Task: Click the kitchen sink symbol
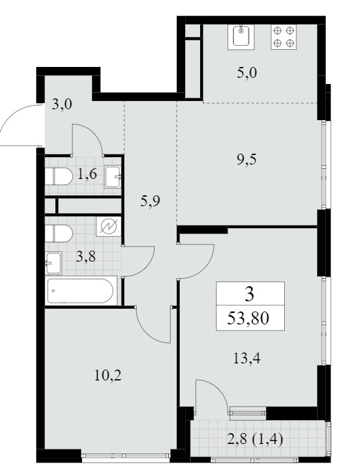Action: click(241, 37)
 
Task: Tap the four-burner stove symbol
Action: click(283, 37)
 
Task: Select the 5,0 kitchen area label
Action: click(247, 73)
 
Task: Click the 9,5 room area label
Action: click(247, 159)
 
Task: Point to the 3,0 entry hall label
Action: click(61, 105)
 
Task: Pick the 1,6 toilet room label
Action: click(87, 174)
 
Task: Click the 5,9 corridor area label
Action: click(150, 201)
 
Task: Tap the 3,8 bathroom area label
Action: click(86, 257)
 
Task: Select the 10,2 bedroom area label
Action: click(108, 376)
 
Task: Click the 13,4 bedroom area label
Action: click(247, 358)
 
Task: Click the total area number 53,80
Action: click(248, 318)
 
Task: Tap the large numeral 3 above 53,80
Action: click(249, 294)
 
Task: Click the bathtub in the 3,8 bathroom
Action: click(81, 291)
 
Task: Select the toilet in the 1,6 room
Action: click(59, 176)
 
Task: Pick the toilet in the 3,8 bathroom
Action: click(59, 234)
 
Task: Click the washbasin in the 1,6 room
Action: click(113, 177)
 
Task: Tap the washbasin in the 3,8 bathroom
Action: click(53, 263)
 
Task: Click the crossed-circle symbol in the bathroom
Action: click(109, 226)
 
